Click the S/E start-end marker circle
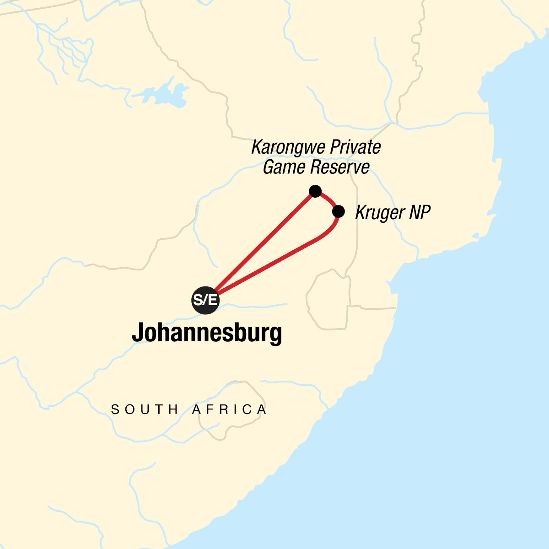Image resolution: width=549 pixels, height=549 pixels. (x=205, y=301)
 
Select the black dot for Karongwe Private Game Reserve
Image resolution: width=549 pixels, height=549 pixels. (x=315, y=191)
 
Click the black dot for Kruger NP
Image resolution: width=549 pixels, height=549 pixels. (x=338, y=211)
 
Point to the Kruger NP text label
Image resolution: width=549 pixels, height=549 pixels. (x=393, y=213)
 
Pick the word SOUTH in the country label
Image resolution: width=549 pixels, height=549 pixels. (x=145, y=409)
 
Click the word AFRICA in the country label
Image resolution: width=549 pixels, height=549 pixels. (x=229, y=409)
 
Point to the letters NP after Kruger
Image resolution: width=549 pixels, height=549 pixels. (x=420, y=213)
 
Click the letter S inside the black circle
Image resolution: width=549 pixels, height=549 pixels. (x=198, y=301)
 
